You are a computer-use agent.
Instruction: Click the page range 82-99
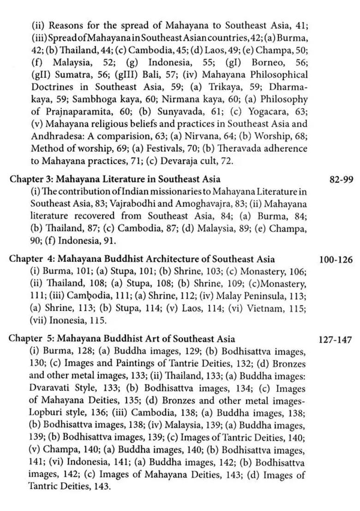(x=342, y=179)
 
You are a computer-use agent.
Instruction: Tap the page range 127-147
(x=336, y=340)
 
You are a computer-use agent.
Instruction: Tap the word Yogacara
(x=264, y=112)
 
